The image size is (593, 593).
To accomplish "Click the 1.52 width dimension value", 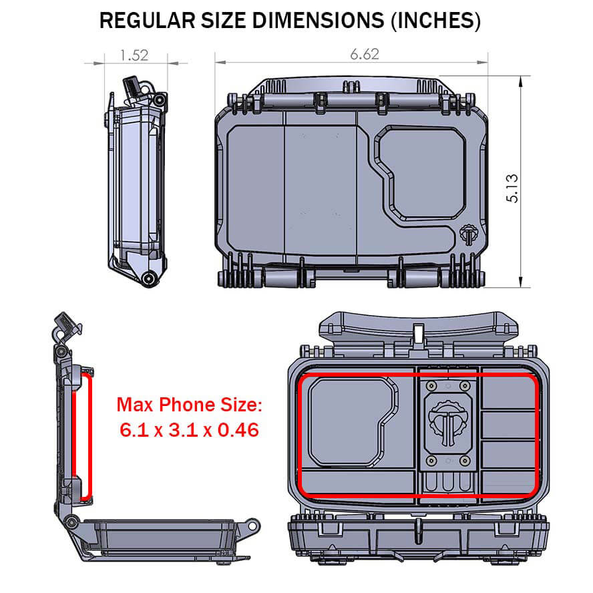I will [134, 55].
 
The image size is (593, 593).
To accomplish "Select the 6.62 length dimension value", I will [365, 55].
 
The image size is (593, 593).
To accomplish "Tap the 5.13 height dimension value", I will [513, 189].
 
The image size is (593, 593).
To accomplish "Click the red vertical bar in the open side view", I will [85, 437].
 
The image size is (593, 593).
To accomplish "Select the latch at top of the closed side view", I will [134, 86].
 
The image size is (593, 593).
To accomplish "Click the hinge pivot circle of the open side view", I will [71, 520].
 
